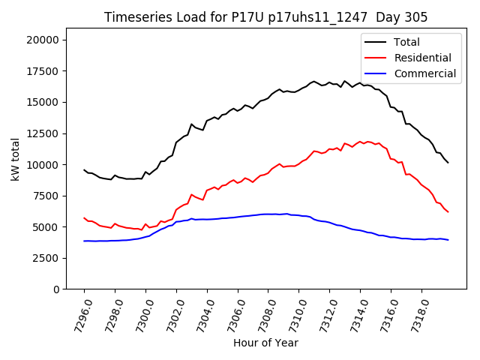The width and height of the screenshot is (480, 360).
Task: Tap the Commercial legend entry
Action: coord(424,73)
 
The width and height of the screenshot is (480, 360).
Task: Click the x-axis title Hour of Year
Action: coord(265,343)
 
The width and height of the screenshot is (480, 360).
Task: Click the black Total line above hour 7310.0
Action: coord(298,90)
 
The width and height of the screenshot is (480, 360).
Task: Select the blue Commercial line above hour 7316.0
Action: coord(391,237)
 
